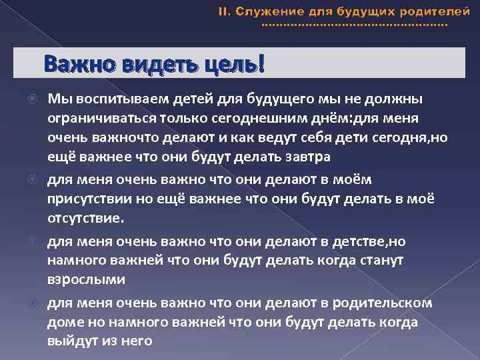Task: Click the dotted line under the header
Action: tap(355, 25)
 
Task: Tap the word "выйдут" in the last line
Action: tap(67, 341)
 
